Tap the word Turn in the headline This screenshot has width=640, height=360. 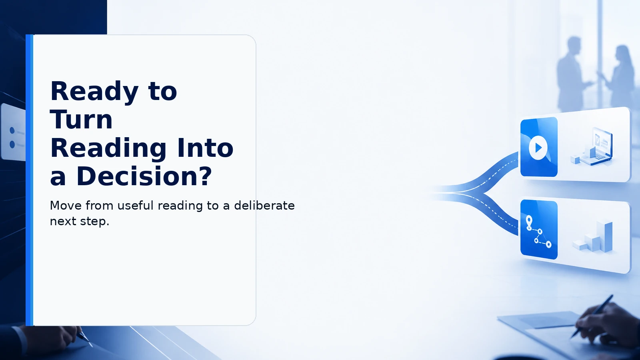[82, 120]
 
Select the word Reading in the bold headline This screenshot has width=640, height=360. [108, 148]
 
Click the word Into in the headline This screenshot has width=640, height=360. [206, 148]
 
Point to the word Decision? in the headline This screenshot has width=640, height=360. [144, 176]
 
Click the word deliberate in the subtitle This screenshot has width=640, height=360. [264, 206]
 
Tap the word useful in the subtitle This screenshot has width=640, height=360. [136, 206]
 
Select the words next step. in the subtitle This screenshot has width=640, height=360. [80, 221]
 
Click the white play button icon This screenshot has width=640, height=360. [538, 148]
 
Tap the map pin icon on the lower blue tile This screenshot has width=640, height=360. [529, 223]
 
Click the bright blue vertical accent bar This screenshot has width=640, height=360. [30, 180]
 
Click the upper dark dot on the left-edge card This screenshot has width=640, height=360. [12, 130]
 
